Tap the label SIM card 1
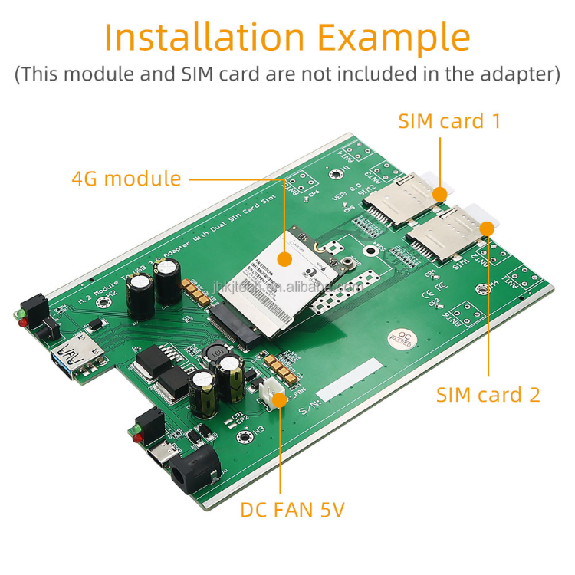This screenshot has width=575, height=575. (449, 121)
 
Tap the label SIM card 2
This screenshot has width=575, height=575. (488, 395)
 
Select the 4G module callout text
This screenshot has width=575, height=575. (127, 179)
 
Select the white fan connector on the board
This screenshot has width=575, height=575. (274, 393)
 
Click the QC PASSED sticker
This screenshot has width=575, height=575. (401, 340)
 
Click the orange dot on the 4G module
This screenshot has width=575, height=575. (283, 258)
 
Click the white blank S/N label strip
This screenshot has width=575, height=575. (349, 379)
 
